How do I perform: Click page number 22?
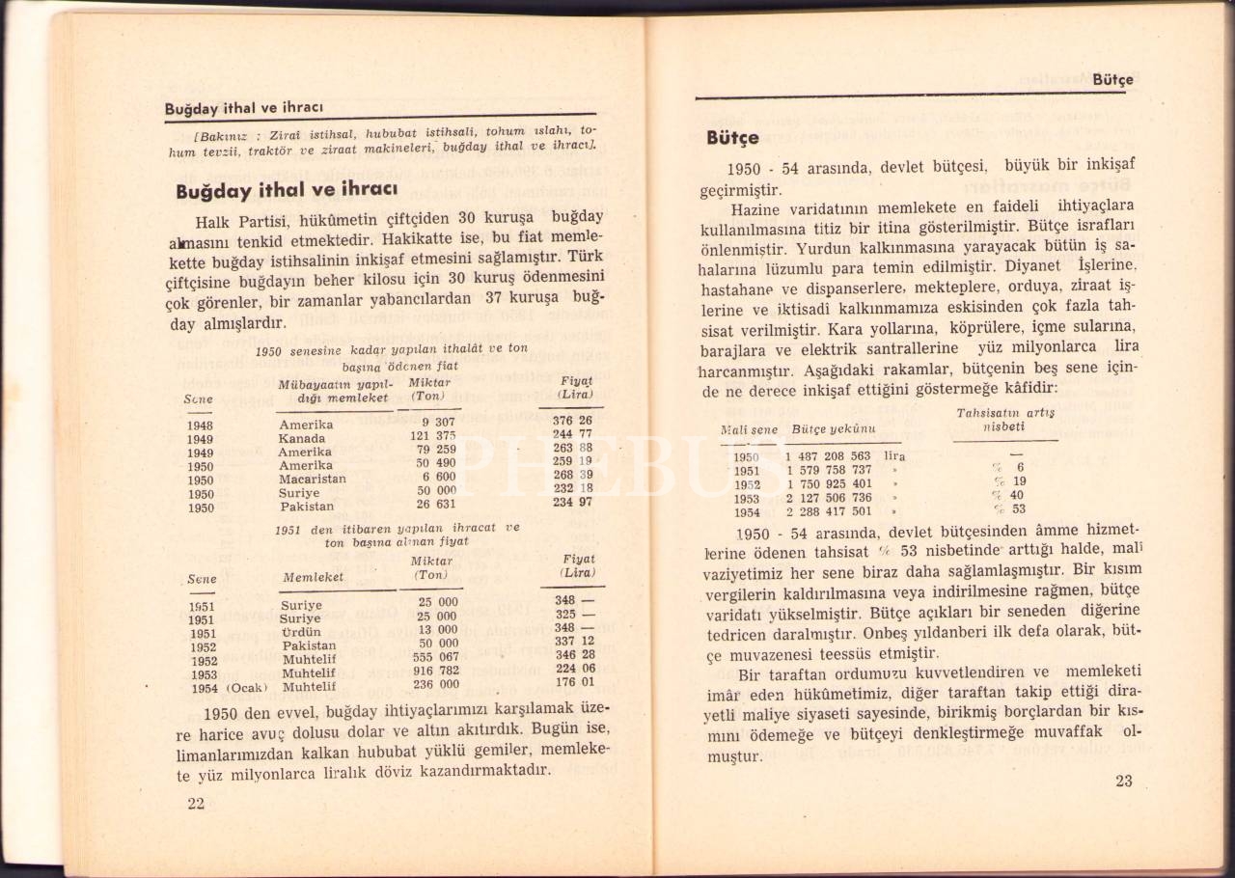pyautogui.click(x=196, y=804)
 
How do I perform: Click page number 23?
pyautogui.click(x=1123, y=782)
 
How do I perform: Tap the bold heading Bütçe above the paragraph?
pyautogui.click(x=732, y=138)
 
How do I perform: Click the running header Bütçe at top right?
pyautogui.click(x=1112, y=80)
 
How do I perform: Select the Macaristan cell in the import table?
pyautogui.click(x=312, y=479)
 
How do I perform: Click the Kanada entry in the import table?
pyautogui.click(x=302, y=438)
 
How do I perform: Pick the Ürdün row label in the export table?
pyautogui.click(x=299, y=633)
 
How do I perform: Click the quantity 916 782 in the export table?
pyautogui.click(x=435, y=671)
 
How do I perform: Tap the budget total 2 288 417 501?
pyautogui.click(x=828, y=511)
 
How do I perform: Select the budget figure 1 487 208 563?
pyautogui.click(x=828, y=456)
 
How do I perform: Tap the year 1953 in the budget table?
pyautogui.click(x=747, y=498)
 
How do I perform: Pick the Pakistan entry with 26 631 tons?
pyautogui.click(x=307, y=506)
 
